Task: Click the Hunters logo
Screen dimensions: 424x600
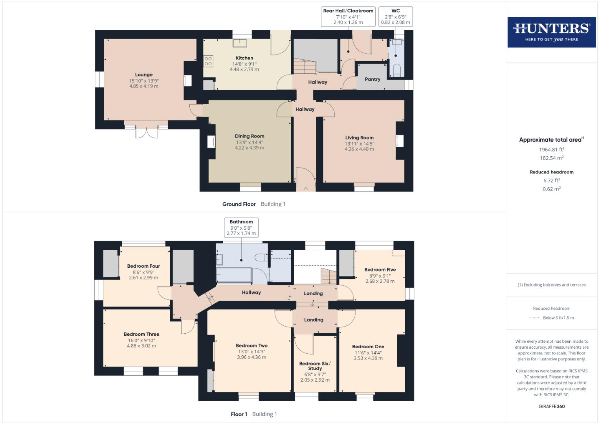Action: pos(551,32)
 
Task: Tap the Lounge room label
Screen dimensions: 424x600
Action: pos(144,75)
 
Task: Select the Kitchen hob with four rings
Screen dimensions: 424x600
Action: pos(208,61)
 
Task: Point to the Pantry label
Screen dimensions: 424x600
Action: pos(372,79)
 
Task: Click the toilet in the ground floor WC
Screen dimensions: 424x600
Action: pos(396,70)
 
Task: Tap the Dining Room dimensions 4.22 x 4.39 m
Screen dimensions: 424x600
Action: pos(250,148)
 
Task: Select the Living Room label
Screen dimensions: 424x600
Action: pos(359,137)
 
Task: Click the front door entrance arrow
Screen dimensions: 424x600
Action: pos(306,189)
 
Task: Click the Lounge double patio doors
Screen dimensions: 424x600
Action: pos(146,132)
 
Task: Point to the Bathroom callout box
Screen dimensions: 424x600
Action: pos(241,228)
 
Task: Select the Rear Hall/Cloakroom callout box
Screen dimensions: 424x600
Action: pos(348,16)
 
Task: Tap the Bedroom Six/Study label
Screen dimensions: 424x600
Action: pos(315,366)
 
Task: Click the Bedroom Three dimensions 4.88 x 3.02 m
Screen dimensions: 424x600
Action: pos(141,346)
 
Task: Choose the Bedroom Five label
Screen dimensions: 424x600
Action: pos(380,270)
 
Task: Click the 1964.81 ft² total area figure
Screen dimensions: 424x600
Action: pos(552,150)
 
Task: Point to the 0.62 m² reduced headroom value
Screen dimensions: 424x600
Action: pos(552,189)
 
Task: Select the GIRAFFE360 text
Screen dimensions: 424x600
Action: pos(552,406)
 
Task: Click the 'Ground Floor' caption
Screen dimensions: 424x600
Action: pos(239,204)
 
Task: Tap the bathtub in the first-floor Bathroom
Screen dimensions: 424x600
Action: pos(234,276)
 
